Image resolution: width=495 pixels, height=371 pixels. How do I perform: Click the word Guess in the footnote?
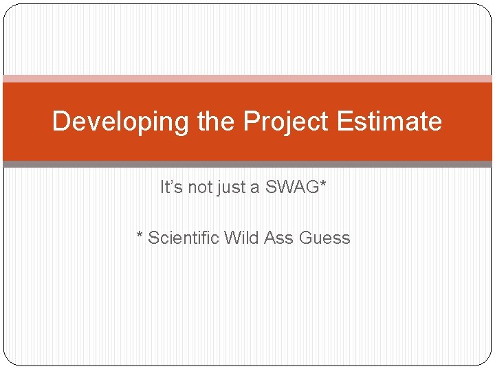point(324,238)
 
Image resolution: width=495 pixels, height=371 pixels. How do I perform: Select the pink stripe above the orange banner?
point(247,79)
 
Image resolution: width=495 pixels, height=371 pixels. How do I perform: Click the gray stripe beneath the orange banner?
point(247,164)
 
